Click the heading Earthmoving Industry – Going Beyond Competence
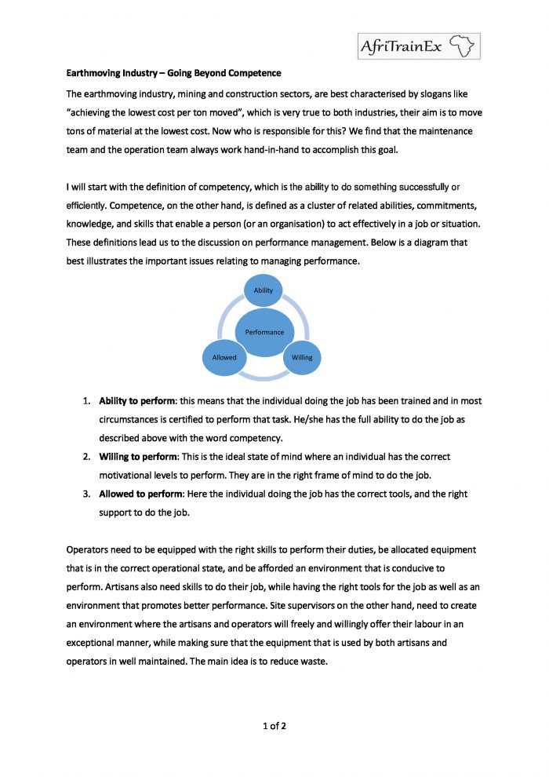tap(173, 74)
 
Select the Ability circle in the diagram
tap(264, 290)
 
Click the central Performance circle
tap(264, 332)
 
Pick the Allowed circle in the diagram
tap(224, 357)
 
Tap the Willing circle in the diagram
tap(302, 357)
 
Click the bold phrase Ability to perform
tap(136, 400)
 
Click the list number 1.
tap(86, 400)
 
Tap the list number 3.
tap(86, 494)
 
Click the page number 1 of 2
tap(274, 725)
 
